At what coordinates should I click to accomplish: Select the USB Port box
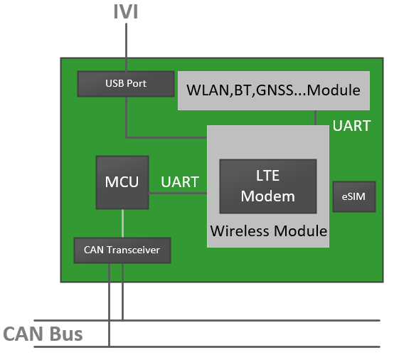coord(126,84)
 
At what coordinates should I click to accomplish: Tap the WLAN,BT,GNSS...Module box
coord(274,90)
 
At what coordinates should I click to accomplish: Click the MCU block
coord(122,182)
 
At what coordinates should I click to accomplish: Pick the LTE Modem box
coord(267,186)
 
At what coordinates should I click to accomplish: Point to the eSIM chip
coord(353,197)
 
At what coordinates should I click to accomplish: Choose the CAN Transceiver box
coord(122,250)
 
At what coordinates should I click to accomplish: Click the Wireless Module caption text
coord(268,231)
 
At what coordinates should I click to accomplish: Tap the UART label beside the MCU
coord(179,181)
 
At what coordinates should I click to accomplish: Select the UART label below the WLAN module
coord(351,126)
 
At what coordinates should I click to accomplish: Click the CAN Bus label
coord(43,334)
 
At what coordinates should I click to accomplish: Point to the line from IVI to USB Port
coord(126,46)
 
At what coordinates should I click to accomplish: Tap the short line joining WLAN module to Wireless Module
coord(316,118)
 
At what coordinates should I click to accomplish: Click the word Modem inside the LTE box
coord(267,196)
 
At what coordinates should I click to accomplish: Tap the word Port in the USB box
coord(137,84)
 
